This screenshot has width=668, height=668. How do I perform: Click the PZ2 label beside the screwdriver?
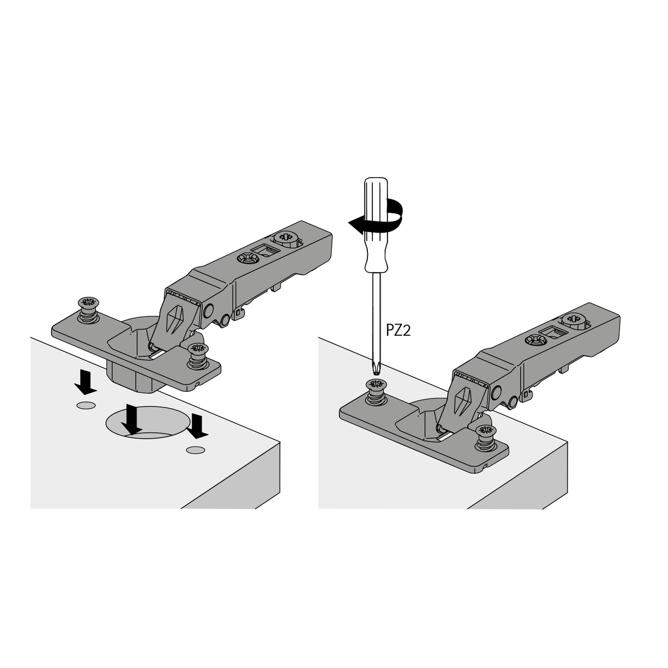(399, 331)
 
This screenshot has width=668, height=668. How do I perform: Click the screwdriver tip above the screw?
(375, 371)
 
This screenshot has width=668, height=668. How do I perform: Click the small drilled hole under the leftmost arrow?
(86, 405)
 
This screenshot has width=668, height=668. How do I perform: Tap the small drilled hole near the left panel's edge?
(195, 450)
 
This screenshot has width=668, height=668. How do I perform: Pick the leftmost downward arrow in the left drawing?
(85, 382)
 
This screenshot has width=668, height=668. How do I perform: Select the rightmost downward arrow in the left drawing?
(197, 427)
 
